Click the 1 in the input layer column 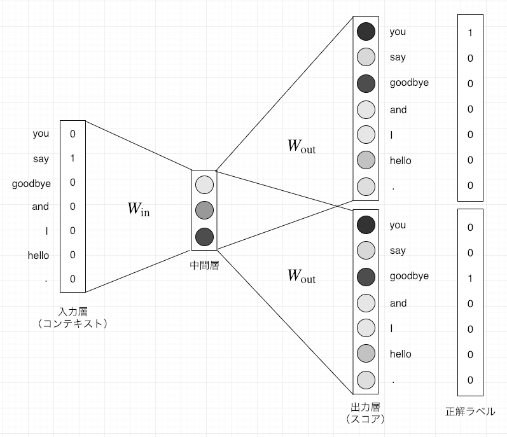pyautogui.click(x=73, y=158)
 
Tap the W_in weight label pyautogui.click(x=139, y=209)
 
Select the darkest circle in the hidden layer pyautogui.click(x=204, y=237)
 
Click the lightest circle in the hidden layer pyautogui.click(x=204, y=184)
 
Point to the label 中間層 pyautogui.click(x=204, y=265)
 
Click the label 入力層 pyautogui.click(x=72, y=312)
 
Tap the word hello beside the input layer pyautogui.click(x=38, y=255)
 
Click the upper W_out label pyautogui.click(x=301, y=146)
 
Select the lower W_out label pyautogui.click(x=301, y=276)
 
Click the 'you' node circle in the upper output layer pyautogui.click(x=366, y=31)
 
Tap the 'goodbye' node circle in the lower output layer pyautogui.click(x=366, y=276)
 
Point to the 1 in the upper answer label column pyautogui.click(x=470, y=32)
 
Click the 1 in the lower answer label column pyautogui.click(x=470, y=278)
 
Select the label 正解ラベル pyautogui.click(x=470, y=412)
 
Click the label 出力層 pyautogui.click(x=366, y=406)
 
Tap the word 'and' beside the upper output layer pyautogui.click(x=398, y=109)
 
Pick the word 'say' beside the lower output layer pyautogui.click(x=398, y=251)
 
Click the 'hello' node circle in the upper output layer pyautogui.click(x=366, y=160)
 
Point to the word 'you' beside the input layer pyautogui.click(x=41, y=134)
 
